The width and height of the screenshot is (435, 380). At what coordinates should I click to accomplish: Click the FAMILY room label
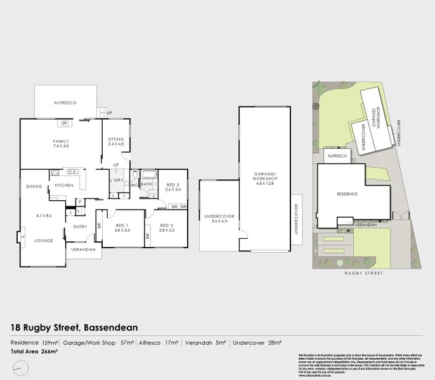(x=61, y=141)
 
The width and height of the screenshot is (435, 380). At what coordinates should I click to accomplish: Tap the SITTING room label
(x=115, y=139)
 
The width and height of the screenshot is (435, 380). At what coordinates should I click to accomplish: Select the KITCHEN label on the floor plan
(x=64, y=185)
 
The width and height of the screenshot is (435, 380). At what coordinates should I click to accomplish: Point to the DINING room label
(x=34, y=186)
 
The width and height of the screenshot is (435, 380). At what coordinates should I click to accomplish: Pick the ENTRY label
(x=80, y=226)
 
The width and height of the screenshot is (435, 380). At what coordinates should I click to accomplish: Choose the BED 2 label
(x=167, y=225)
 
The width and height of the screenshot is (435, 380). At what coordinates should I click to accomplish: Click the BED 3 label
(x=173, y=184)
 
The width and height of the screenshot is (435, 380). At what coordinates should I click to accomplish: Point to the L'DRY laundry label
(x=116, y=180)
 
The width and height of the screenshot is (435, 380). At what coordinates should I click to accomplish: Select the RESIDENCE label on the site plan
(x=347, y=194)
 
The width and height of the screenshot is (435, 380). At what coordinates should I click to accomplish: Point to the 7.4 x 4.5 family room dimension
(x=61, y=146)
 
